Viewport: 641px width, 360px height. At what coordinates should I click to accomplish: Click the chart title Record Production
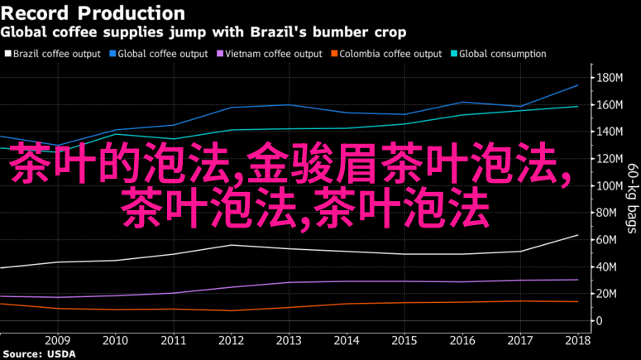click(x=93, y=14)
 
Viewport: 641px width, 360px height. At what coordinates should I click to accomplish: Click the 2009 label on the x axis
click(x=57, y=340)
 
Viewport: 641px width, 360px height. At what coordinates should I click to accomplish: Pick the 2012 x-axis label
click(x=231, y=340)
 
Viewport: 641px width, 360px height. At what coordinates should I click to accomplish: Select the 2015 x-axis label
click(x=404, y=340)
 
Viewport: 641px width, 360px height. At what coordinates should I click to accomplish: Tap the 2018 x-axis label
click(x=577, y=340)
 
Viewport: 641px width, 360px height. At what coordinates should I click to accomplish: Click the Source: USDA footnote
click(x=38, y=354)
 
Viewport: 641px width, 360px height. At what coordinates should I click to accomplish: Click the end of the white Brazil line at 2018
click(x=577, y=235)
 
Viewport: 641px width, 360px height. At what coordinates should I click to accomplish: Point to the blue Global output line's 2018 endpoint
click(x=577, y=85)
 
